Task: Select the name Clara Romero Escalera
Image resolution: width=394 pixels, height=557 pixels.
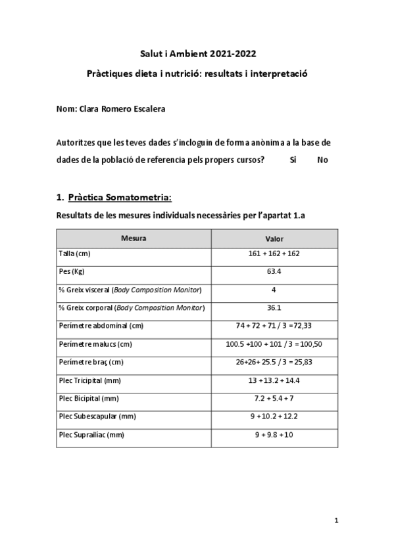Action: click(122, 109)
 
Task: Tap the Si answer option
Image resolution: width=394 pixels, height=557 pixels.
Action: click(293, 160)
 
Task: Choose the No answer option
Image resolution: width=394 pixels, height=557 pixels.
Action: click(322, 160)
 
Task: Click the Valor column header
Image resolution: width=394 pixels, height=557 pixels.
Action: click(274, 238)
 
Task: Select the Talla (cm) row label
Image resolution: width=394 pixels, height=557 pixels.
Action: click(74, 254)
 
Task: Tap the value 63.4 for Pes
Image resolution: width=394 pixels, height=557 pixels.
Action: click(274, 271)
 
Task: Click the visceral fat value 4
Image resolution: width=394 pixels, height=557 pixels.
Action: click(274, 290)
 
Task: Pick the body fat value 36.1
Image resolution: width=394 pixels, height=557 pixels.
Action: click(274, 307)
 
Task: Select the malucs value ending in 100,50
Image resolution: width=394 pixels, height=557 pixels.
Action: click(274, 344)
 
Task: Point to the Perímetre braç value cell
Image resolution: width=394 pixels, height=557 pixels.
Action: click(274, 362)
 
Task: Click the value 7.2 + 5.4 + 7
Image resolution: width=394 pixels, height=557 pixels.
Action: click(274, 398)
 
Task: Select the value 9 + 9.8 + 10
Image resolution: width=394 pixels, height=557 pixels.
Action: click(274, 434)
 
